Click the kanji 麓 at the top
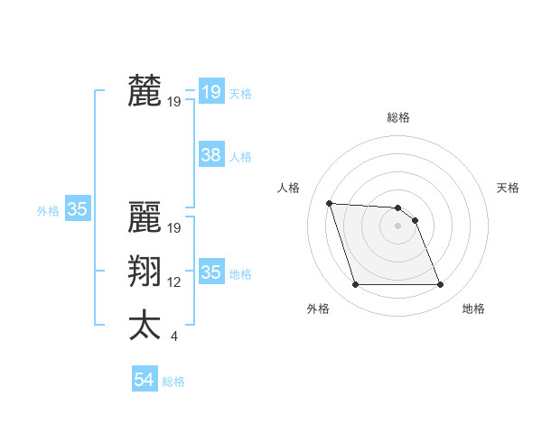pos(145,92)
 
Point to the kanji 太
pos(145,326)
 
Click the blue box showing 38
pos(210,155)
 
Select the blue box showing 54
pos(144,380)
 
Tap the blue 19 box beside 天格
pos(210,92)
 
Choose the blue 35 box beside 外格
pos(77,209)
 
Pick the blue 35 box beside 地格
pos(210,272)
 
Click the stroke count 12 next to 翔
pos(174,282)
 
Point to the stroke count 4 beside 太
pos(173,336)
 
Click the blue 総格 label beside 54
pos(173,382)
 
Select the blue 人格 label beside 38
pos(240,157)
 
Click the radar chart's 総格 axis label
pos(398,117)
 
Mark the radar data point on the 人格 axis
pos(330,203)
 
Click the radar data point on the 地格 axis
pos(440,285)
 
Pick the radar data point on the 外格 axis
pos(355,285)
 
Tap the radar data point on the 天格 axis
pos(415,220)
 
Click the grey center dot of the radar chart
pos(397,226)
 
